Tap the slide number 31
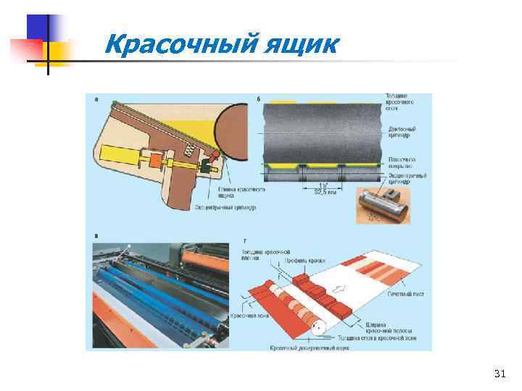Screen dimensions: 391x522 click(499, 374)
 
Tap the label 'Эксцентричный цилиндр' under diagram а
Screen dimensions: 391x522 click(225, 207)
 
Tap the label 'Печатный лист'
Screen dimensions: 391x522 click(405, 295)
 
